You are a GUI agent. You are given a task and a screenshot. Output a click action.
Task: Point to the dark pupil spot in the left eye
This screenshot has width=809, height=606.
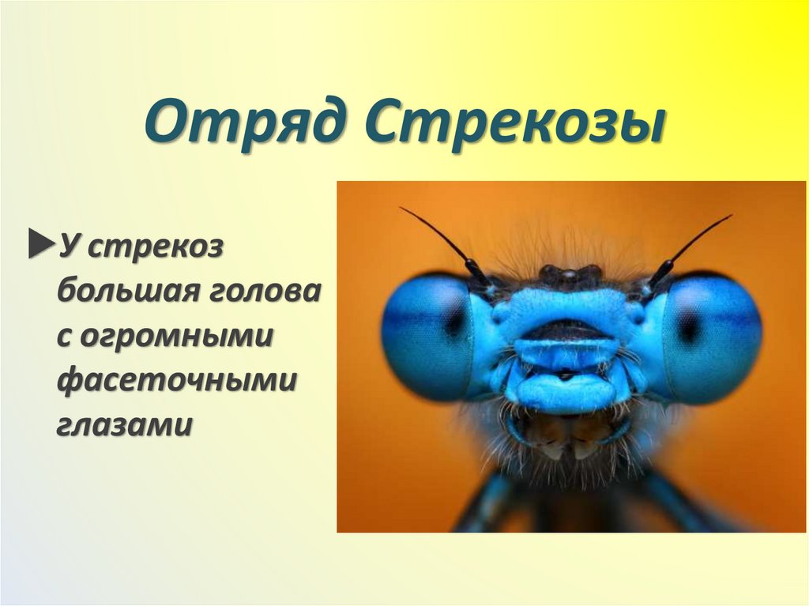[x=455, y=321]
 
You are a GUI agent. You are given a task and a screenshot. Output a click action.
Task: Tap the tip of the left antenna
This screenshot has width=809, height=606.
[x=401, y=209]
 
